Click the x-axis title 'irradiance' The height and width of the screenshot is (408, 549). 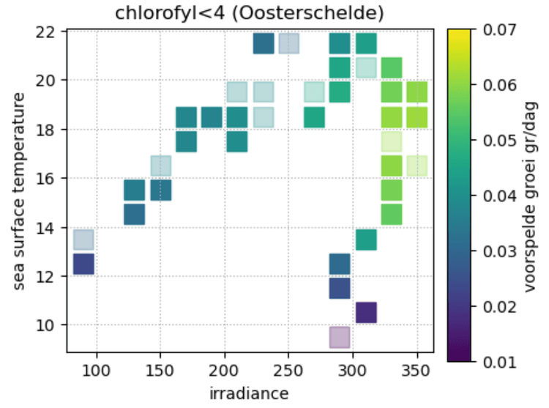[249, 393]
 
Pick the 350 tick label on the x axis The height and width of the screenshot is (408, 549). [417, 372]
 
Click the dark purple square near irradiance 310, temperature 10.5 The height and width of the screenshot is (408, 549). [366, 313]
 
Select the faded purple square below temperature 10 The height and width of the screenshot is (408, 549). [340, 337]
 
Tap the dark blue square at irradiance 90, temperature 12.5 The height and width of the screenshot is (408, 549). [83, 264]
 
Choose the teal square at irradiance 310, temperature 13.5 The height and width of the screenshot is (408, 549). [366, 240]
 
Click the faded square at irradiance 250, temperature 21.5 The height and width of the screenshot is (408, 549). [288, 44]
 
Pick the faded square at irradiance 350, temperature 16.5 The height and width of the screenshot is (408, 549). [417, 166]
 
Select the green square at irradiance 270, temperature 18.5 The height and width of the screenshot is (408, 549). [314, 117]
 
